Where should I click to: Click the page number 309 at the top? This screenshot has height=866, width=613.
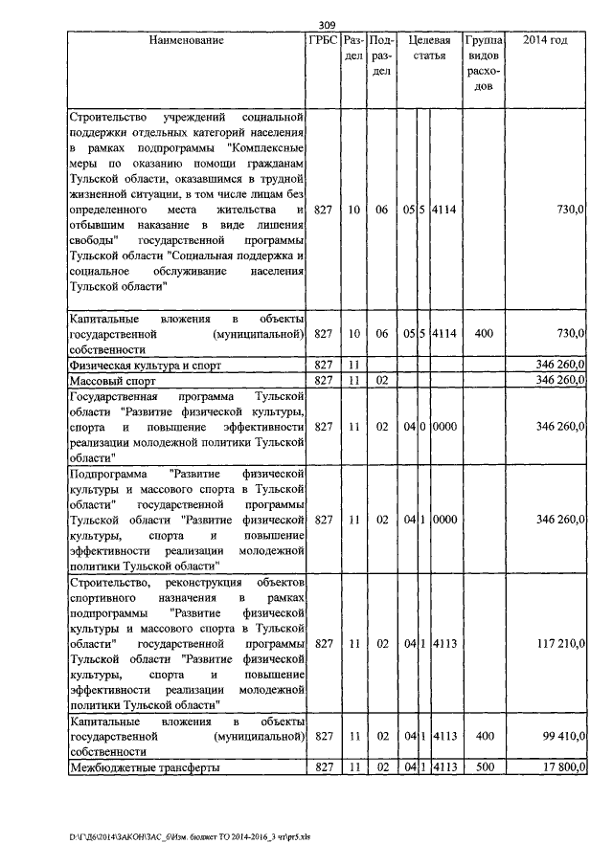pyautogui.click(x=328, y=25)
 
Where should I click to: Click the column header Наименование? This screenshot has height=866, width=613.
pyautogui.click(x=187, y=41)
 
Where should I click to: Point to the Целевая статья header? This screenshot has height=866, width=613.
pyautogui.click(x=429, y=49)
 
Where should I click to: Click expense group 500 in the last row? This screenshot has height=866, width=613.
pyautogui.click(x=484, y=767)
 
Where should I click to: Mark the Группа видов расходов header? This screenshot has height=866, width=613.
pyautogui.click(x=484, y=64)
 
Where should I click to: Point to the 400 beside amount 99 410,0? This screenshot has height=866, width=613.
pyautogui.click(x=484, y=737)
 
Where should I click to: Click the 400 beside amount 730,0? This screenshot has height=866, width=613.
pyautogui.click(x=484, y=333)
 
